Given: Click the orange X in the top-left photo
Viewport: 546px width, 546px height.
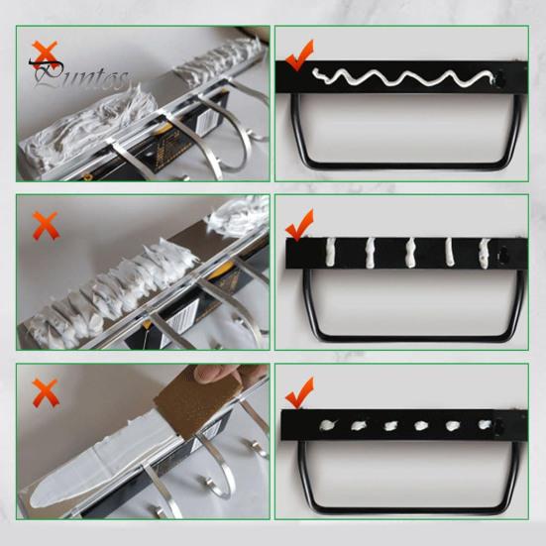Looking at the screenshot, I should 44,53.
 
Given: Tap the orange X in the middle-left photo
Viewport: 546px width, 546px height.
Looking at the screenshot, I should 45,226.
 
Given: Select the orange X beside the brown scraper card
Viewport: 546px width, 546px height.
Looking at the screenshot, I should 45,394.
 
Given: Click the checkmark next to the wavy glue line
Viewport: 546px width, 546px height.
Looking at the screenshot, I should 299,55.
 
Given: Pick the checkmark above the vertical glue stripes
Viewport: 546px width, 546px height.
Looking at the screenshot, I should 299,226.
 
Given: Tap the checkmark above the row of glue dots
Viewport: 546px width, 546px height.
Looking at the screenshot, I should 299,392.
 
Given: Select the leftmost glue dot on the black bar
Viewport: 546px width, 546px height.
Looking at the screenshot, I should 326,426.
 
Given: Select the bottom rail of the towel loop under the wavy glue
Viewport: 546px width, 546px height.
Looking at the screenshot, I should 406,163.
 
